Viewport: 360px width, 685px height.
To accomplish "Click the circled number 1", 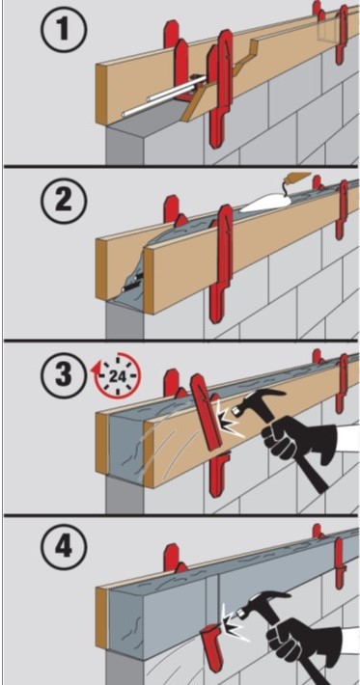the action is pos(65,28).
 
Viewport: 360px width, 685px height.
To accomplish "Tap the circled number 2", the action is pos(65,202).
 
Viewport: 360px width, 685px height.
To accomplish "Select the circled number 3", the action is pos(65,375).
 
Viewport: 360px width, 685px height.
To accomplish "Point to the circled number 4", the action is pos(65,547).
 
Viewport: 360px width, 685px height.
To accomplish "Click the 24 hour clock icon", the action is pos(115,375).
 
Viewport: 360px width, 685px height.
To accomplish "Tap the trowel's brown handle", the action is pos(299,178).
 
